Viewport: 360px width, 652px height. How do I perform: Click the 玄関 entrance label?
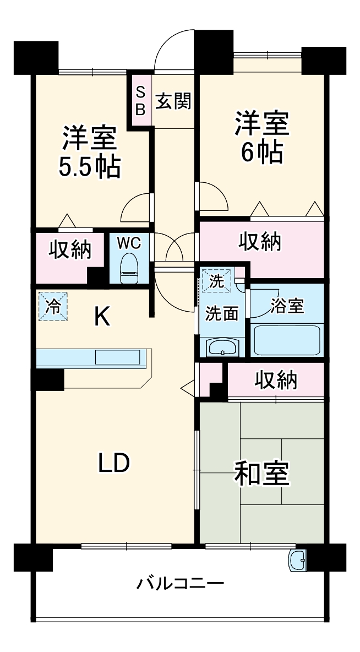[x=173, y=101]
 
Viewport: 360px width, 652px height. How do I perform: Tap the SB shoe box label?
[x=140, y=101]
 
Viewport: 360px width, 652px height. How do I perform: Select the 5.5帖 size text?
[x=89, y=167]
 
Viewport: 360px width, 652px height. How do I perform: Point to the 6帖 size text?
[x=262, y=152]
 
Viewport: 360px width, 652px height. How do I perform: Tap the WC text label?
[x=129, y=242]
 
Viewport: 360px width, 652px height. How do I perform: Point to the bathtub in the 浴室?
[x=287, y=340]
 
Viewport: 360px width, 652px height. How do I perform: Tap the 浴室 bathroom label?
[x=287, y=306]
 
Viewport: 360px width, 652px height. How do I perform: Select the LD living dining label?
[x=114, y=463]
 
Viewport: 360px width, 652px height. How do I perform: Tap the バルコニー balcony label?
[x=180, y=583]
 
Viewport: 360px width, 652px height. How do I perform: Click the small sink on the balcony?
[x=299, y=561]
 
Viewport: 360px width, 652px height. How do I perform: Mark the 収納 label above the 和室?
[x=276, y=379]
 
